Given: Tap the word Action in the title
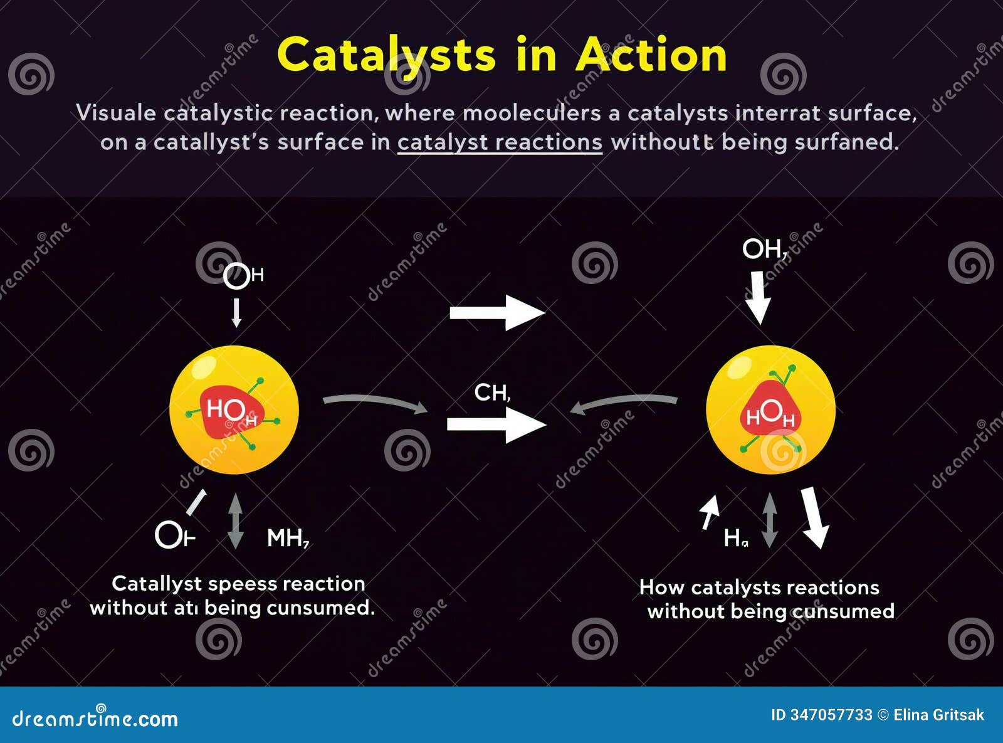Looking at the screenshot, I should coord(651,55).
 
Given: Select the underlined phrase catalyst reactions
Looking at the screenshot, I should coord(500,142).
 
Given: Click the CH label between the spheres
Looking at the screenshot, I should coord(492,393).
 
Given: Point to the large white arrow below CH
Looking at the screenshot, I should coord(496,424).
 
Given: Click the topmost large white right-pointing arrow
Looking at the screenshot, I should coord(497,312).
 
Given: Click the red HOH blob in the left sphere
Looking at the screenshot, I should coord(231,412).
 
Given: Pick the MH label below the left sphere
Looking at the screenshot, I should coord(288,538).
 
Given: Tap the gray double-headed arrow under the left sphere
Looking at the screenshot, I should coord(235,521).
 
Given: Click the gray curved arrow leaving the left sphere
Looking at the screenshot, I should coord(375,403).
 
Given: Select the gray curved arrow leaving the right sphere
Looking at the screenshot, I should coord(624,403).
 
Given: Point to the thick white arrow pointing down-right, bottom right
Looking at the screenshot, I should coord(814,517).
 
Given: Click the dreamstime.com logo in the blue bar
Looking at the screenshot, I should coord(95,718).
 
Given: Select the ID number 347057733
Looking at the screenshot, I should coord(831,715).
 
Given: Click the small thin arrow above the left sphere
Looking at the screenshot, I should coord(236,312).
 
